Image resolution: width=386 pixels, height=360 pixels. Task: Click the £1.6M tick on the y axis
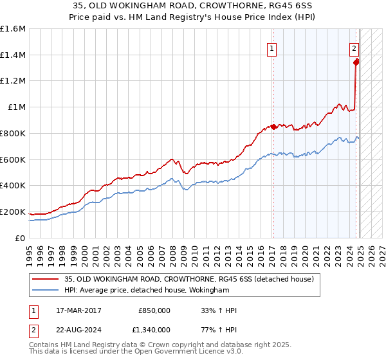click(13, 29)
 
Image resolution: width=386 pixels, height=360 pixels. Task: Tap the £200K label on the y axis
click(13, 212)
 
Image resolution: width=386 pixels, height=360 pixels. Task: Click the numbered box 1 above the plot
click(272, 48)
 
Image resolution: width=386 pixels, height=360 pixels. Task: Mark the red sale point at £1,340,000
click(356, 62)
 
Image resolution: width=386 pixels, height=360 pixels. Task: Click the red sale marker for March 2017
click(273, 127)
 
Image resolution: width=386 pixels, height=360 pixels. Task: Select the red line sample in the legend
click(46, 279)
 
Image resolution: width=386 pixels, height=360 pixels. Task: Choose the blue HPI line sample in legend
click(46, 291)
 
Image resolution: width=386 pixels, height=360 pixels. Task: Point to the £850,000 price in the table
click(154, 310)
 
